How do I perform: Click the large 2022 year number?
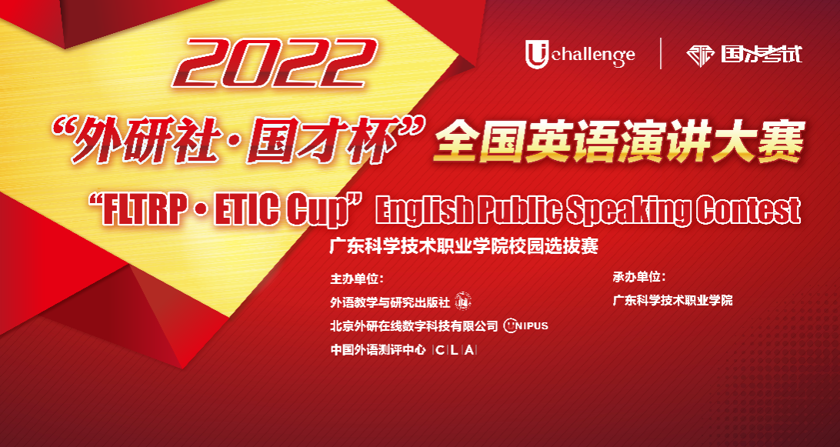[275, 63]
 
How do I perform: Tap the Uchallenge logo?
[580, 54]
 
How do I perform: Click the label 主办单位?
[357, 279]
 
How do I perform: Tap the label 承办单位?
[639, 278]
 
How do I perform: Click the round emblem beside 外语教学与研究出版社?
[462, 302]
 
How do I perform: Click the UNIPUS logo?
[526, 325]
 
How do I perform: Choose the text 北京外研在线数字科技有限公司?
[415, 326]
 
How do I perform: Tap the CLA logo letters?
[455, 351]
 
